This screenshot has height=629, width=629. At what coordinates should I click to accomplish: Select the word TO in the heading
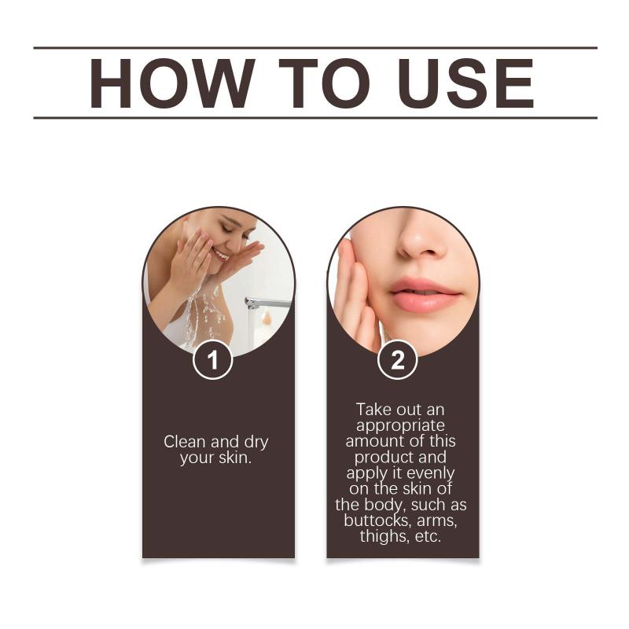point(324,83)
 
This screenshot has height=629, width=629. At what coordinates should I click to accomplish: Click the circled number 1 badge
point(212,359)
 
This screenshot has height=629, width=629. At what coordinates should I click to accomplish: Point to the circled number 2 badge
point(398,359)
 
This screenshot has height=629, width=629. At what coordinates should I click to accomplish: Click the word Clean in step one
point(185,442)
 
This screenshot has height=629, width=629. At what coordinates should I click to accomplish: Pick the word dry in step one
point(256,443)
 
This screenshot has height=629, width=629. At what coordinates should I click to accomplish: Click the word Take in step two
point(373,410)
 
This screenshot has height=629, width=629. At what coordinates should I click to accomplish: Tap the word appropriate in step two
point(400,426)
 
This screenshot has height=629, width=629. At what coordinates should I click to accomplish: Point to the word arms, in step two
point(437,521)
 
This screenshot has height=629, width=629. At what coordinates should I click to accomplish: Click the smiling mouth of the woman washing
point(221,253)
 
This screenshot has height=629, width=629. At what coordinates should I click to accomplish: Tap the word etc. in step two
point(428,536)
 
